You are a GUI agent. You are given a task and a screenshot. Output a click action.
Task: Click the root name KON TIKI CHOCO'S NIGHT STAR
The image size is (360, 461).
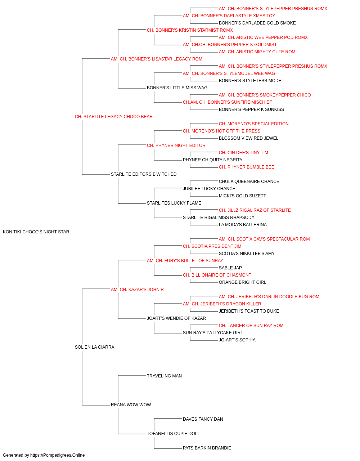click(36, 232)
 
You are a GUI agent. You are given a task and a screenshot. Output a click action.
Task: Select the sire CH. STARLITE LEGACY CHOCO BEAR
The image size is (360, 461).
click(114, 117)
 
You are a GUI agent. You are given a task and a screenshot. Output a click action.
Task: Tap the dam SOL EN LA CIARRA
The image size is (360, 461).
click(95, 347)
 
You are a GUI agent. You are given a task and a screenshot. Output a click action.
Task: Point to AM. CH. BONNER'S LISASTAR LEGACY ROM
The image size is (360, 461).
click(157, 59)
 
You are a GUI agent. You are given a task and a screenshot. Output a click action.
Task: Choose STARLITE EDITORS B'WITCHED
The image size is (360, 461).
click(144, 174)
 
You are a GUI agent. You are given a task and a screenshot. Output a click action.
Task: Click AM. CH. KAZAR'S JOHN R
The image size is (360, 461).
click(137, 289)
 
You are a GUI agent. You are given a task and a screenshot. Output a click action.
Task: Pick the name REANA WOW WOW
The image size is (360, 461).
click(131, 404)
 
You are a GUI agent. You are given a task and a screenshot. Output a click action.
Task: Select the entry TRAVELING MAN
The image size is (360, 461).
click(164, 376)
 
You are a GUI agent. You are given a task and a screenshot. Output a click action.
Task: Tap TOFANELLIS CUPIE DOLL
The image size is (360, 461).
click(173, 433)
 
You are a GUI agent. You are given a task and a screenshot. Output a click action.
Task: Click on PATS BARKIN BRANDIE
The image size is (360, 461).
click(207, 448)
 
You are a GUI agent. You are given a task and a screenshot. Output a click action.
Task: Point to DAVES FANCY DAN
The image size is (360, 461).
click(203, 419)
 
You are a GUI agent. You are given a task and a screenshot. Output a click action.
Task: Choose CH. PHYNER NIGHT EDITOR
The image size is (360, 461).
click(176, 146)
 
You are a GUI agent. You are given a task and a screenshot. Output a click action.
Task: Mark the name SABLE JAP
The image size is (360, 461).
click(230, 268)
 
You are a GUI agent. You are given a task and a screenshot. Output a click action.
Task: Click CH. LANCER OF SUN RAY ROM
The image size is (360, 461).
click(251, 326)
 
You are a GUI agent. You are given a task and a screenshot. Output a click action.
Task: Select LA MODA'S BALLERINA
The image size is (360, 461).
click(243, 225)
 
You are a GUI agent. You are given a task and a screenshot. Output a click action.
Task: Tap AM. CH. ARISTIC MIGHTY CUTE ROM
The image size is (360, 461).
click(257, 52)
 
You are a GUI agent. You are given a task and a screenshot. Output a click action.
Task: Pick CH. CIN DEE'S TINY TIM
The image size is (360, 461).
click(243, 153)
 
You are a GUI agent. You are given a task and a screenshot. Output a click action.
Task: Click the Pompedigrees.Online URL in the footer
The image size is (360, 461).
click(58, 455)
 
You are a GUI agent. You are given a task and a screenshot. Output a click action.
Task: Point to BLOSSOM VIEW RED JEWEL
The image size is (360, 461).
click(248, 138)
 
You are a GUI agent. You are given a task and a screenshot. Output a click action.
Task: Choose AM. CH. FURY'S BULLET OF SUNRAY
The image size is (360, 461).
click(185, 261)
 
